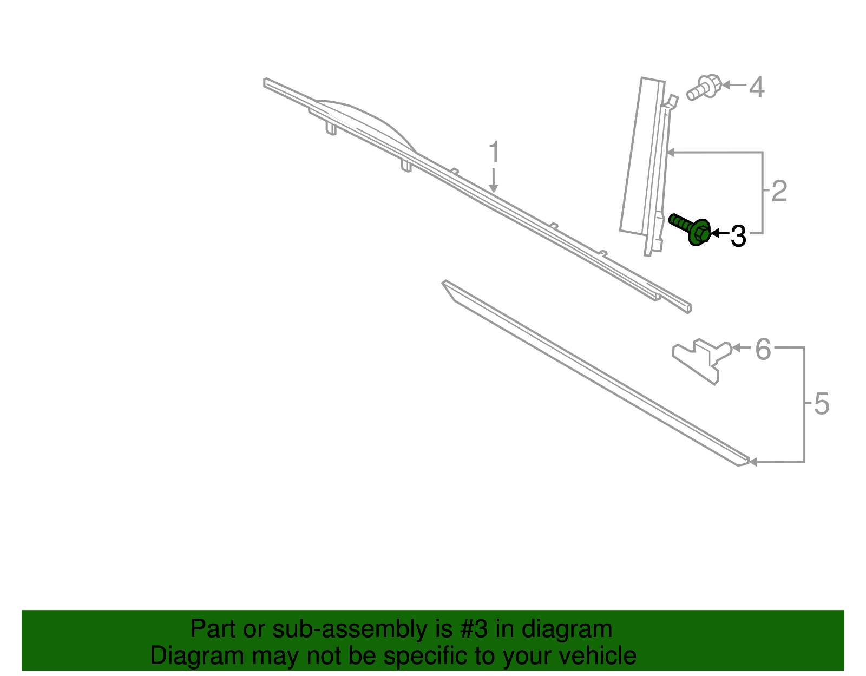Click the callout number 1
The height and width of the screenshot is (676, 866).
[494, 152]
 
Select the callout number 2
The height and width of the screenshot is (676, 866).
[779, 191]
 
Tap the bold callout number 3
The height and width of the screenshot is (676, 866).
[738, 236]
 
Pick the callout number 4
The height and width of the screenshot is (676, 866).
[757, 87]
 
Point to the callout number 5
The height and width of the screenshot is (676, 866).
[822, 404]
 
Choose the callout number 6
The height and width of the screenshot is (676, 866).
[763, 349]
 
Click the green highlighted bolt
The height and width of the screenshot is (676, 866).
[690, 229]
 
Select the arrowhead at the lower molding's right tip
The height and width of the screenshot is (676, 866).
[753, 462]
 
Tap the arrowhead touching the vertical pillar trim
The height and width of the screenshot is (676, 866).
[671, 152]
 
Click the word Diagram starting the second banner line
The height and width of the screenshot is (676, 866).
[197, 655]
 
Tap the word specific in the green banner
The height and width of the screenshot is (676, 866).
[429, 655]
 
